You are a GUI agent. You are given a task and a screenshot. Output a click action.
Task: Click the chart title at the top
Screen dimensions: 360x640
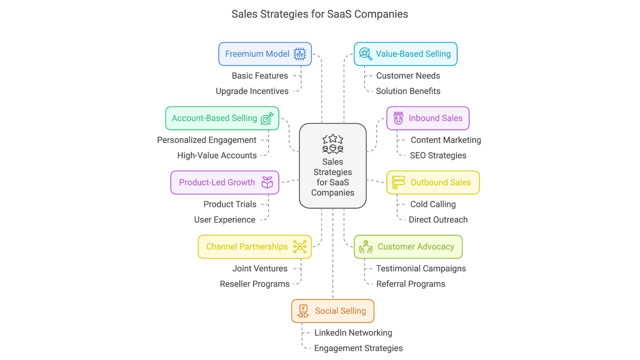pos(320,14)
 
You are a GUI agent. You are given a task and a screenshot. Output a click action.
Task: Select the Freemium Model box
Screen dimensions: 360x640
pos(265,54)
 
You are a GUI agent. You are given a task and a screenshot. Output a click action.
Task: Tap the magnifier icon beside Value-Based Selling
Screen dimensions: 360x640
pos(365,54)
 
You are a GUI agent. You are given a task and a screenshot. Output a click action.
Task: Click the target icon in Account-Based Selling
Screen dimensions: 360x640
pos(267,118)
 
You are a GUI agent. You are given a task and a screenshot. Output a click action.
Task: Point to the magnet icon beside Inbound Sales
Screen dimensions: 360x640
pos(398,118)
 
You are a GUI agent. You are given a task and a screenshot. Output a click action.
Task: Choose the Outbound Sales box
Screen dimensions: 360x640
pos(433,182)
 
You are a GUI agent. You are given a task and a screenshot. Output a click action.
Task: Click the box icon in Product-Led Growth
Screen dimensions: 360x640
pos(267,182)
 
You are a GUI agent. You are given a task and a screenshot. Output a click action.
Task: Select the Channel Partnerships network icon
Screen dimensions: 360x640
pos(300,247)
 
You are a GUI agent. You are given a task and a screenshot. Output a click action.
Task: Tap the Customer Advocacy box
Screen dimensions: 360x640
pos(408,247)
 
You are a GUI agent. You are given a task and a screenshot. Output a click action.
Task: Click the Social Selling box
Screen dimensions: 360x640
pos(333,311)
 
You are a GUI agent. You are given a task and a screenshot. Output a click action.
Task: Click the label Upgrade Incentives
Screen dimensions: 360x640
pos(252,91)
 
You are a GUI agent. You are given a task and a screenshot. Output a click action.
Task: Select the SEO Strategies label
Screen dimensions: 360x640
pos(438,156)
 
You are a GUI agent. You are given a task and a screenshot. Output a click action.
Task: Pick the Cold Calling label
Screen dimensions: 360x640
pos(433,204)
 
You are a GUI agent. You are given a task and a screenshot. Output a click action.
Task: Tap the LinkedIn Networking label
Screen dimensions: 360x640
pos(353,333)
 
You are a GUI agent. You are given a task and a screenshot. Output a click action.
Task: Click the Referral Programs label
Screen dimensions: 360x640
pos(411,284)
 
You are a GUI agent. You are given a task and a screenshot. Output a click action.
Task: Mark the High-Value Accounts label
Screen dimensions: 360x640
pos(217,156)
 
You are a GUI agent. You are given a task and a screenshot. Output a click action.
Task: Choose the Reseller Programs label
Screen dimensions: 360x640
pos(255,284)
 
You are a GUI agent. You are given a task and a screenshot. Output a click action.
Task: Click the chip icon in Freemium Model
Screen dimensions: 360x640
pos(300,54)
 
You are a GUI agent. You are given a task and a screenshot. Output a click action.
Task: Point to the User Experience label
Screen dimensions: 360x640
pos(225,220)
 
